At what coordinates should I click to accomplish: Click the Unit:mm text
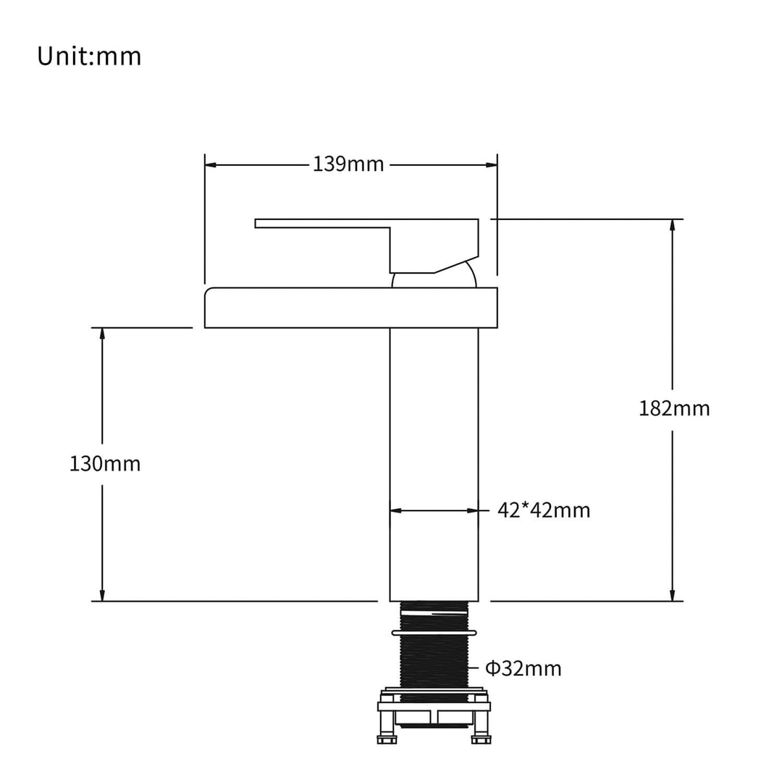tap(89, 56)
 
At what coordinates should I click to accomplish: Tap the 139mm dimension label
tap(348, 164)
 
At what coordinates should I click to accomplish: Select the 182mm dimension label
tap(674, 408)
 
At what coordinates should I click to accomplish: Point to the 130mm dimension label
tap(105, 464)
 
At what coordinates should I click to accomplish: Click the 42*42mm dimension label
tap(544, 510)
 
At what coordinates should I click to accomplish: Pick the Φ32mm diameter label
tap(524, 668)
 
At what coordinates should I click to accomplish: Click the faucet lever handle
tap(366, 245)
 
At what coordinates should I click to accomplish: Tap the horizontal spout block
tap(351, 308)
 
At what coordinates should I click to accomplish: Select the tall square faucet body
tap(434, 464)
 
